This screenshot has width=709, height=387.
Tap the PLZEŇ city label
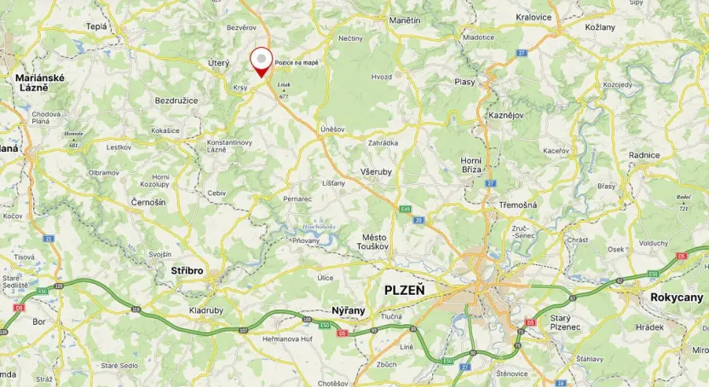coord(406,290)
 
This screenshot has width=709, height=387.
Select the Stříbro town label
coord(187,270)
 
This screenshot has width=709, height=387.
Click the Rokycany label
coord(677,297)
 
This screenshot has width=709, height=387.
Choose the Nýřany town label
coord(349,310)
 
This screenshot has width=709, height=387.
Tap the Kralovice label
coord(534,16)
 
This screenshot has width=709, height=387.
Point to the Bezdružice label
coord(176,101)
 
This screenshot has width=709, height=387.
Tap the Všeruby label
coord(376,170)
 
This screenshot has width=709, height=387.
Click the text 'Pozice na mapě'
coord(297,63)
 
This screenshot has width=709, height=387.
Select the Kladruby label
coord(206,310)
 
